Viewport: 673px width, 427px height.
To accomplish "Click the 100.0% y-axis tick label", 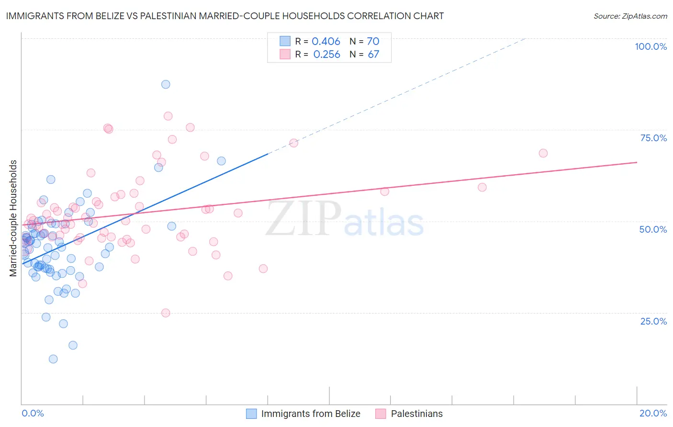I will coord(651,46).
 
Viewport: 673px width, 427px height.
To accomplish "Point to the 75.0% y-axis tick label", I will coord(653,138).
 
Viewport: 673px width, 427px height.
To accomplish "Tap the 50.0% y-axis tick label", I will coord(653,229).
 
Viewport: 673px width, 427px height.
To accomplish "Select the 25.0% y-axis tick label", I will coord(653,321).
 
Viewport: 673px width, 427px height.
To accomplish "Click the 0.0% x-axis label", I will coord(33,413).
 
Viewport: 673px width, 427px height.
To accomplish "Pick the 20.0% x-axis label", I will coord(653,413).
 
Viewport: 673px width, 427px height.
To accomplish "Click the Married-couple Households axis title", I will coord(13,218).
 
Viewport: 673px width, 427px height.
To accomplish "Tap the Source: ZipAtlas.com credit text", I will coord(630,16).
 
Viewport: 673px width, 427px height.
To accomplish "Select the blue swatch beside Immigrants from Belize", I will coord(251,414).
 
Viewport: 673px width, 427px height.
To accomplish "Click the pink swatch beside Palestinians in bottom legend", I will coord(381,414).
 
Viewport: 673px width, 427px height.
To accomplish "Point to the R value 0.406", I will coord(326,42).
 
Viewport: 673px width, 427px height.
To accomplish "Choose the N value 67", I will coord(373,55).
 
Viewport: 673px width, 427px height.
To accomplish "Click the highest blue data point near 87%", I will coord(166,84).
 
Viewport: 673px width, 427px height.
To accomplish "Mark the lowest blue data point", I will coord(53,359).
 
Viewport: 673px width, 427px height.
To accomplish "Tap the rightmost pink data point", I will coord(543,153).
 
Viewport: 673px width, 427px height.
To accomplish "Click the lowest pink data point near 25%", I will coord(166,313).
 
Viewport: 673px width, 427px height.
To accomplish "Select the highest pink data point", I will coord(168,116).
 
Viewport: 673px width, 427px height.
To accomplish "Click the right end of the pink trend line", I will coord(637,162).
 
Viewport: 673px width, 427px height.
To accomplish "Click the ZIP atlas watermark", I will coord(345,219).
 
